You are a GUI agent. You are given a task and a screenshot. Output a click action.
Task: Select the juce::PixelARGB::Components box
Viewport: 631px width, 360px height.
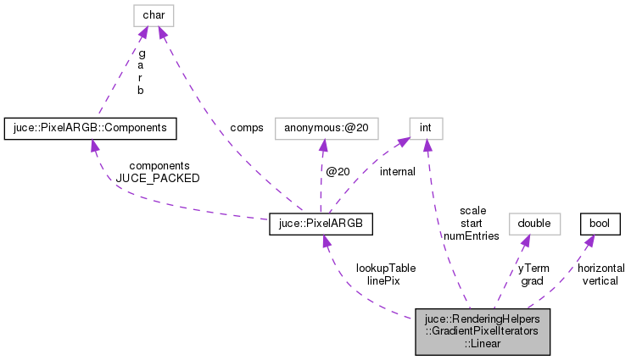(90, 128)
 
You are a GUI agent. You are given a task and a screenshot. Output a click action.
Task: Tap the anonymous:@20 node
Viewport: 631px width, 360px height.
(321, 128)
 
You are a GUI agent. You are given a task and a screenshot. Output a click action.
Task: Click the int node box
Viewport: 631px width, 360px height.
(426, 128)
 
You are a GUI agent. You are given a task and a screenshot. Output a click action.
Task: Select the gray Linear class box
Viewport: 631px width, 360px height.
(483, 331)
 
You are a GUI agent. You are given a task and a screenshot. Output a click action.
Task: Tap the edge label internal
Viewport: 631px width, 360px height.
(397, 172)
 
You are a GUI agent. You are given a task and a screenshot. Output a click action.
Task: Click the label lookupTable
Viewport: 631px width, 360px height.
(386, 267)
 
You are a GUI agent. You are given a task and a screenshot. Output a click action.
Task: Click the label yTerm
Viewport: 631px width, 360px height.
(533, 268)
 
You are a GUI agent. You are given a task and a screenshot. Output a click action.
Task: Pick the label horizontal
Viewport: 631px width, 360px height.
(601, 268)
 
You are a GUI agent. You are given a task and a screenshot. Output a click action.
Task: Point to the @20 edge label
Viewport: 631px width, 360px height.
(338, 172)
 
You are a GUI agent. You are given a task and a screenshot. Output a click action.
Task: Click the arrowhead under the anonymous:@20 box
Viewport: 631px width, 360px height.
(321, 146)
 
